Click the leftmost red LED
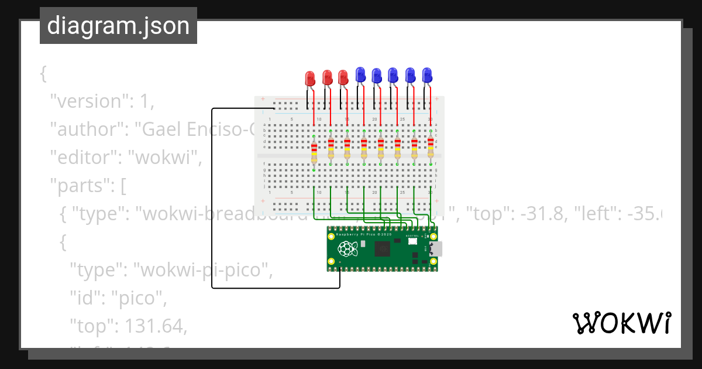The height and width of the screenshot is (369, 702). pyautogui.click(x=310, y=78)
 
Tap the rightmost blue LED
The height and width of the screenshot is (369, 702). pyautogui.click(x=427, y=74)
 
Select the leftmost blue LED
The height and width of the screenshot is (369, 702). pyautogui.click(x=360, y=74)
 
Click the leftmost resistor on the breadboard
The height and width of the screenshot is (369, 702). pyautogui.click(x=314, y=153)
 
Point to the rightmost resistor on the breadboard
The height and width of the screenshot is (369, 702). pyautogui.click(x=431, y=146)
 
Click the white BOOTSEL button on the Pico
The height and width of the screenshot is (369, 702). pyautogui.click(x=412, y=241)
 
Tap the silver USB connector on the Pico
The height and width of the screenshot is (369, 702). pyautogui.click(x=436, y=249)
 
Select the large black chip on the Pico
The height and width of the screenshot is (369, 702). pyautogui.click(x=383, y=250)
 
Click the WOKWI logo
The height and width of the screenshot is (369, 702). pyautogui.click(x=621, y=323)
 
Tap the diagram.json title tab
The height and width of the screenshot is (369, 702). pyautogui.click(x=118, y=26)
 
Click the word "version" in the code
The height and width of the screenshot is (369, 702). pyautogui.click(x=88, y=101)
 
